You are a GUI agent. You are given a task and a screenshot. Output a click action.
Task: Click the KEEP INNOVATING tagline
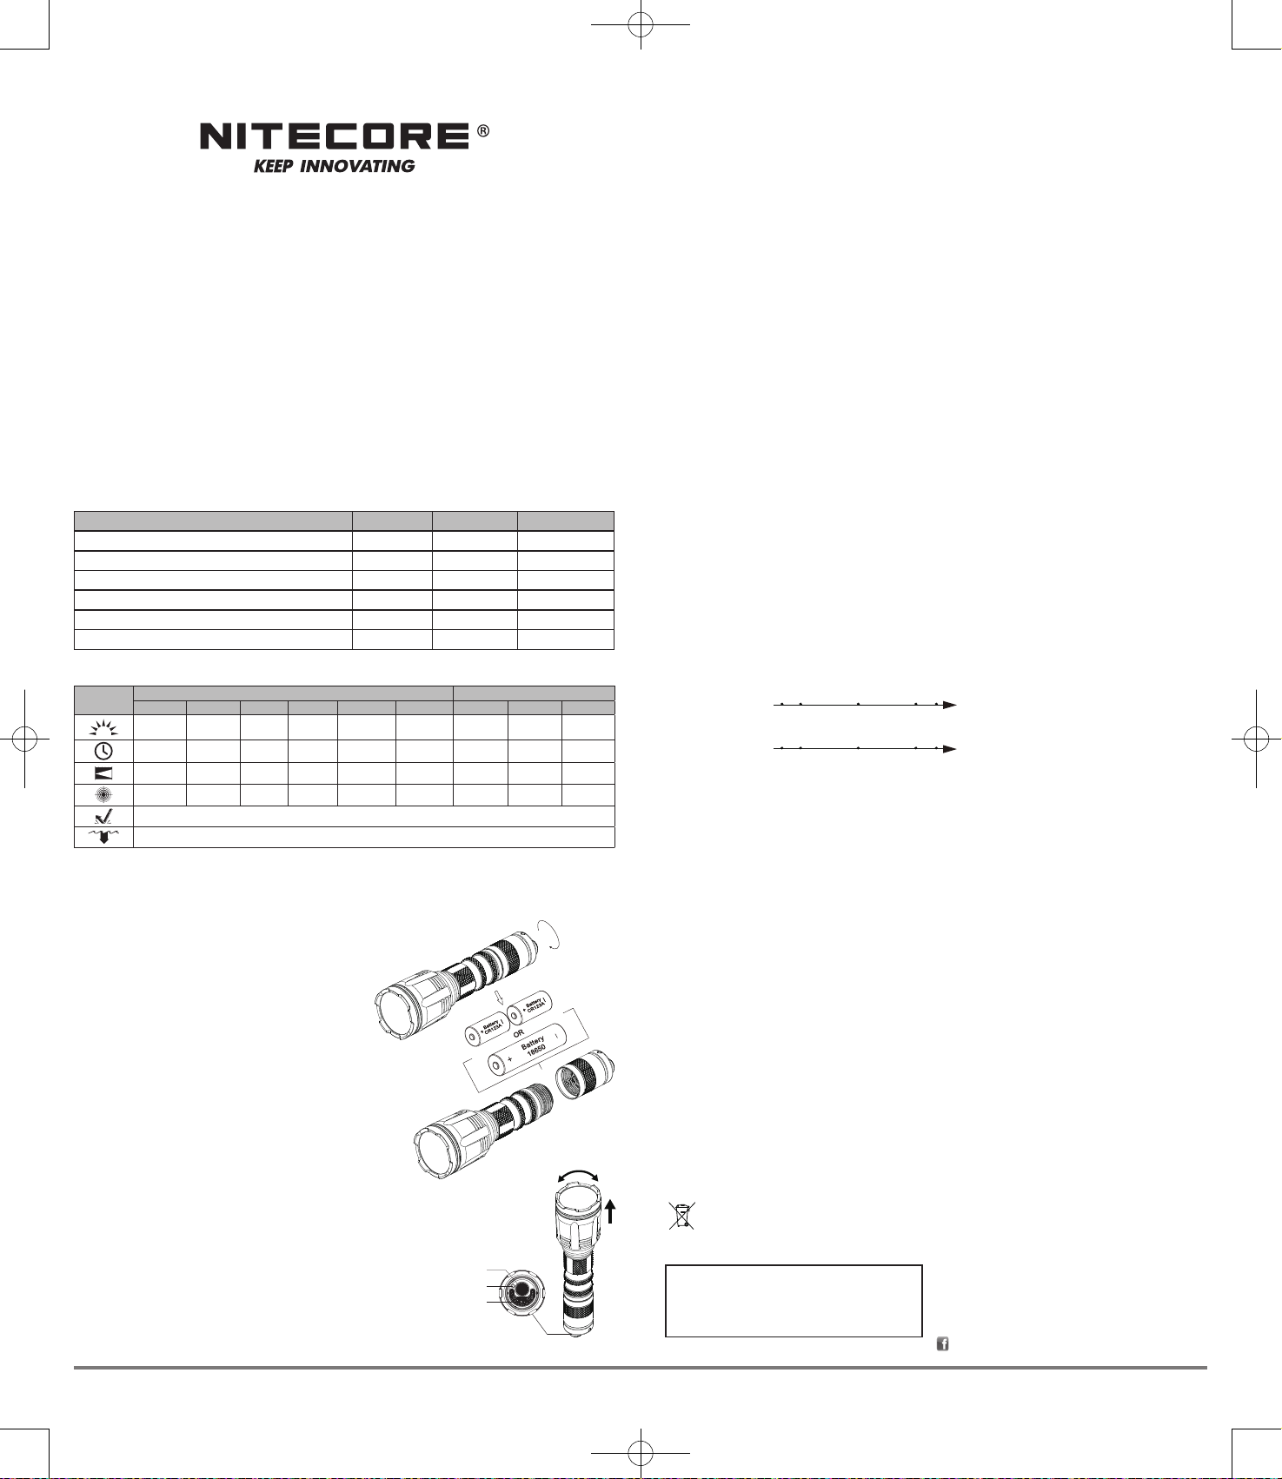click(335, 166)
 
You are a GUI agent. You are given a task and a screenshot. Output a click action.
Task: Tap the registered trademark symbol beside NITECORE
click(483, 131)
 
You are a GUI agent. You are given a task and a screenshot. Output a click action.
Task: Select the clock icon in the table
click(103, 751)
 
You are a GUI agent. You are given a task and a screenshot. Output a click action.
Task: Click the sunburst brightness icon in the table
click(103, 728)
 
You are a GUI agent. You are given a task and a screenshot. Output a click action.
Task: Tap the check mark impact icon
click(103, 816)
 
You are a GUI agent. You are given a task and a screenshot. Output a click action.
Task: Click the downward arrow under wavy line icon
click(103, 837)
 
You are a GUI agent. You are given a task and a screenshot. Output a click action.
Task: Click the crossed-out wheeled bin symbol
click(682, 1216)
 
